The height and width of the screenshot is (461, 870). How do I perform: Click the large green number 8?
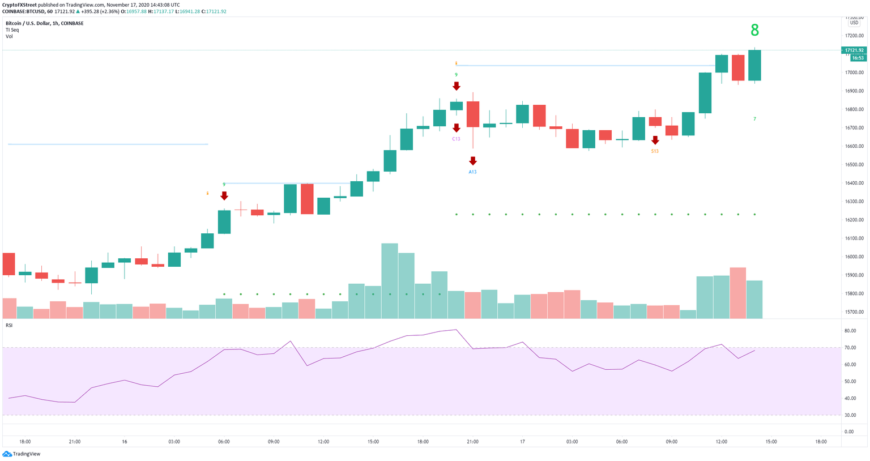pos(754,30)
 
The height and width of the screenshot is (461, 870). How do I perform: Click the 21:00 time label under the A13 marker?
pos(472,442)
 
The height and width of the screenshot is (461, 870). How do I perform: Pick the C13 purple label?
pos(456,139)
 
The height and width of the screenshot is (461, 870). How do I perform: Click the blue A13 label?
pos(472,172)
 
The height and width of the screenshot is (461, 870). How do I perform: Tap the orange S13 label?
pos(655,151)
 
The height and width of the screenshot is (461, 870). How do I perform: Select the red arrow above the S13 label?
pos(655,140)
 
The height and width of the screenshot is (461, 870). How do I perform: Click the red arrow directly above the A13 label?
pos(473,161)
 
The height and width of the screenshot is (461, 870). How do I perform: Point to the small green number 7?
pos(754,119)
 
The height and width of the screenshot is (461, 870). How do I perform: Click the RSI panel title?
pos(9,325)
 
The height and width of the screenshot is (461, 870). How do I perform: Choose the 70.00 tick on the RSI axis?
pos(850,348)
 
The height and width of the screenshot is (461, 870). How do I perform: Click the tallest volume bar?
pos(390,280)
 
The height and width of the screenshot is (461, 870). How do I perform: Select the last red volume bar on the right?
pos(738,293)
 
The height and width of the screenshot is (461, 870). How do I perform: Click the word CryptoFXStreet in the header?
pos(19,5)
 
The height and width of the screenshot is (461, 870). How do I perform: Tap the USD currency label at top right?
pos(854,23)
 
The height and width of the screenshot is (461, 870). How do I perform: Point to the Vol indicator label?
pos(9,36)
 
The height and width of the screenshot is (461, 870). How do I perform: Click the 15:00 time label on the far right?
pos(771,442)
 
